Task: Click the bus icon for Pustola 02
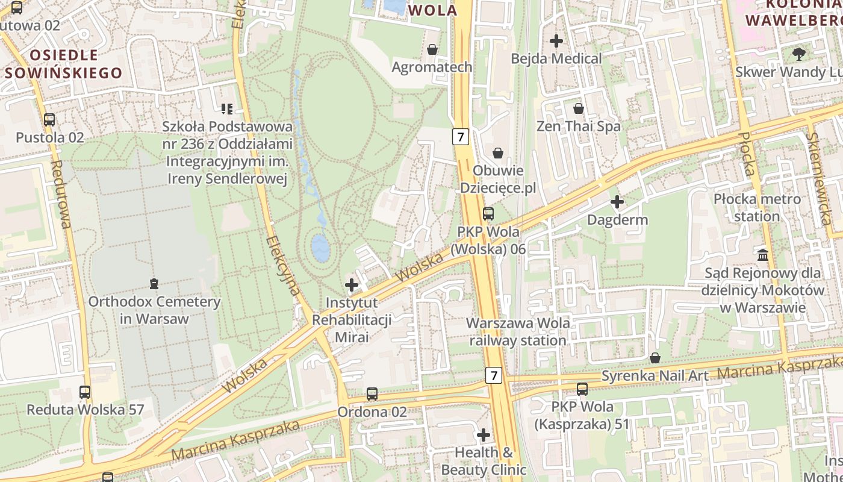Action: pos(49,120)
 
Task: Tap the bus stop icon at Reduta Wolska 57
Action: pos(85,392)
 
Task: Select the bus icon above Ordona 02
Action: pos(372,394)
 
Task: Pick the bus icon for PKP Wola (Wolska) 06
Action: pos(488,214)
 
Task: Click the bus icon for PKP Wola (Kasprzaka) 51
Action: pos(582,389)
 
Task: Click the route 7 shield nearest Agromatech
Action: pos(461,137)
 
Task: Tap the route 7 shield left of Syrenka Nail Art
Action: pos(494,375)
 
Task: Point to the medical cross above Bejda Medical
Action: pos(556,41)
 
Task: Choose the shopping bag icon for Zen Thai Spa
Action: pos(579,108)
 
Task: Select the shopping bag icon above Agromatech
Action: pos(432,49)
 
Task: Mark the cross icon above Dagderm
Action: pos(617,202)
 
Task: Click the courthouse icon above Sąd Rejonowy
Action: pos(764,255)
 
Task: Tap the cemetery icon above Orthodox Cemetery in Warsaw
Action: pos(154,283)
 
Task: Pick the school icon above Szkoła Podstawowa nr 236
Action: pos(227,108)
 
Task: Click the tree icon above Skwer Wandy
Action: pos(799,54)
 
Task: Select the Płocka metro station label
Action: pos(757,207)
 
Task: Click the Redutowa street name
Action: pos(61,194)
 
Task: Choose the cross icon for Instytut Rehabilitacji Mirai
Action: pos(352,284)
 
